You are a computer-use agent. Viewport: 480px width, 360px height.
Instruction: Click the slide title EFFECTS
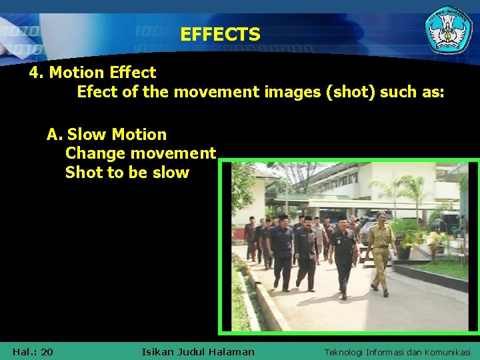[220, 34]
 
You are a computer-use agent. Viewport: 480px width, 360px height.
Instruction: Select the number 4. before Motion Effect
[37, 72]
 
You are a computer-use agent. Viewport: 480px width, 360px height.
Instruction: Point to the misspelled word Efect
[97, 91]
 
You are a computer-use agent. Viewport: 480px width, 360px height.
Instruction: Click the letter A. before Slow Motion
[54, 135]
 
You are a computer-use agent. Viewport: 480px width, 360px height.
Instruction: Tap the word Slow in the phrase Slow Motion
[88, 135]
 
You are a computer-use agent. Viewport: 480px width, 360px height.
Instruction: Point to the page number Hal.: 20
[33, 351]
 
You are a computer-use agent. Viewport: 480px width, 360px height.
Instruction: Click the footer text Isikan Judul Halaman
[198, 351]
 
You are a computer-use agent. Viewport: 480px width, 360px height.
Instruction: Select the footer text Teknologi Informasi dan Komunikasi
[397, 351]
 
